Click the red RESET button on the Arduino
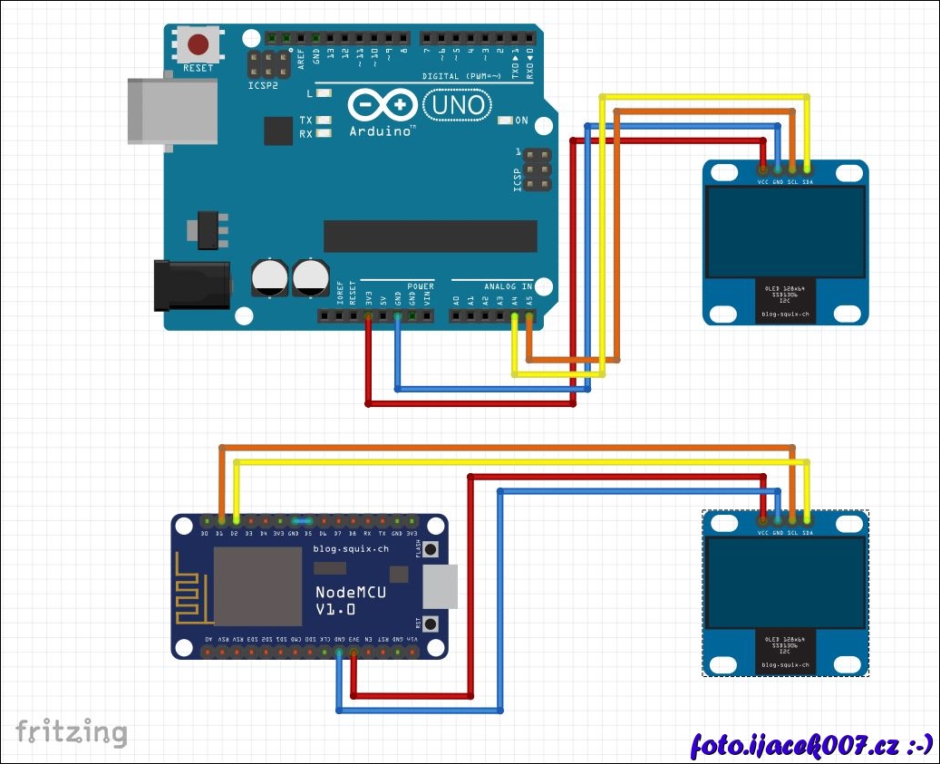tap(199, 44)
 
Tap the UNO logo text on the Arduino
tap(459, 106)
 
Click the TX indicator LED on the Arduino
tap(323, 121)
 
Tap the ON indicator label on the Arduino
tap(520, 121)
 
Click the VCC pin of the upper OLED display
tap(763, 169)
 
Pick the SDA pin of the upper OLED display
tap(808, 169)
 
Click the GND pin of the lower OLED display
tap(778, 518)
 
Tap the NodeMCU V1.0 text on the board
tap(351, 600)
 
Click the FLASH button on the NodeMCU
tap(431, 549)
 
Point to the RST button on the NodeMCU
tap(431, 624)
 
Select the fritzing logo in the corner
tap(71, 730)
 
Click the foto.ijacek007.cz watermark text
tap(811, 745)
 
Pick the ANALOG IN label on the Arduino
tap(509, 286)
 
